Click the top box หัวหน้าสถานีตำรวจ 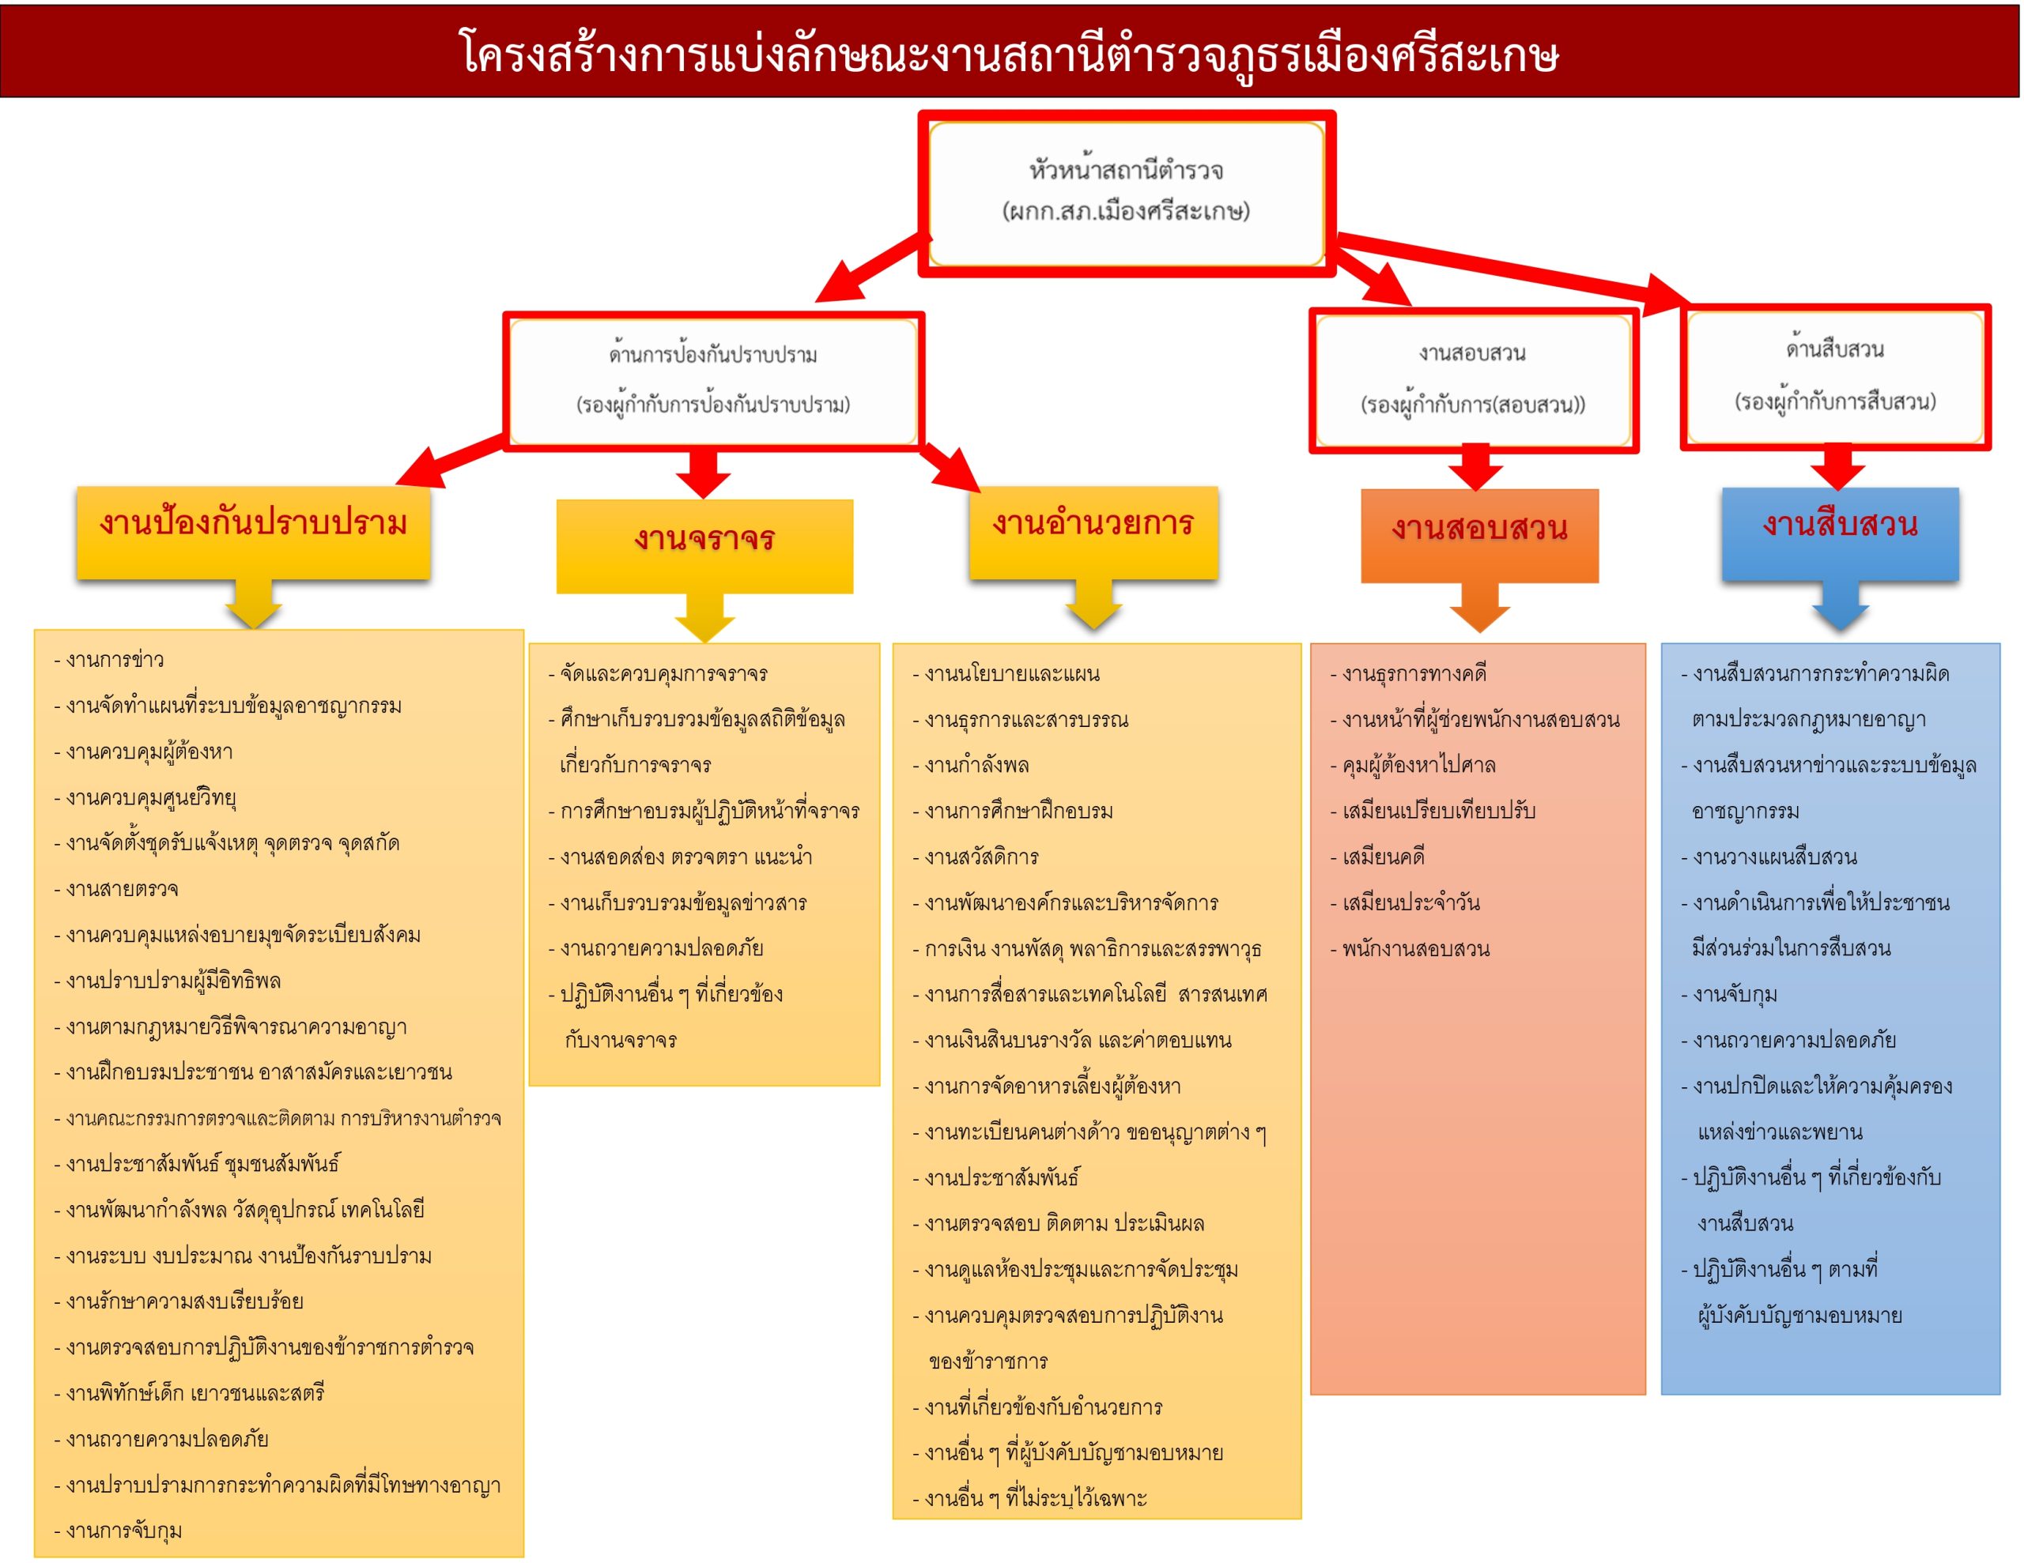[x=1126, y=193]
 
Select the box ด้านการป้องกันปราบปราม [x=712, y=381]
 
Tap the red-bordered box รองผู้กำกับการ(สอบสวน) [x=1473, y=380]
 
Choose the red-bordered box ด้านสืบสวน [x=1835, y=376]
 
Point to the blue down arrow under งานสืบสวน [x=1840, y=606]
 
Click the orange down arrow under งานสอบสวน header [x=1479, y=608]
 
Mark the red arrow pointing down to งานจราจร [x=704, y=473]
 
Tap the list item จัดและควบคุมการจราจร [x=658, y=673]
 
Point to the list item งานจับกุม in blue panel [x=1729, y=994]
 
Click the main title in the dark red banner [x=1010, y=54]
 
